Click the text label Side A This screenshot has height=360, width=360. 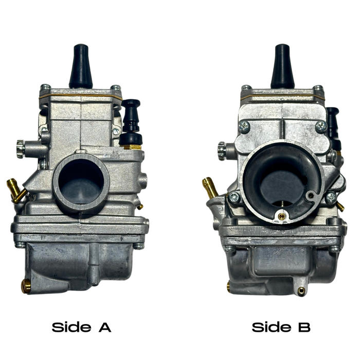tap(81, 327)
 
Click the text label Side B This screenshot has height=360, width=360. tap(281, 327)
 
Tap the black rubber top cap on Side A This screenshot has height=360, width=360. tap(81, 67)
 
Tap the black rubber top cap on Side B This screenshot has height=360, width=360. tap(282, 67)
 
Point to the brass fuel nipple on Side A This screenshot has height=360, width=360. tap(16, 189)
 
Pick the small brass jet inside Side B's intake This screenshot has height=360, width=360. tap(281, 217)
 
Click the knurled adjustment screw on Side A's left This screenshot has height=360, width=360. tap(20, 149)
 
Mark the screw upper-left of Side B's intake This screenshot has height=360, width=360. tap(244, 125)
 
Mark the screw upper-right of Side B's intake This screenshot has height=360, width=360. tap(321, 125)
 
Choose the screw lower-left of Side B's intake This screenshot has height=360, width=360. tap(234, 196)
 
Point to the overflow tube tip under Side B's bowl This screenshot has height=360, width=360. tap(301, 292)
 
